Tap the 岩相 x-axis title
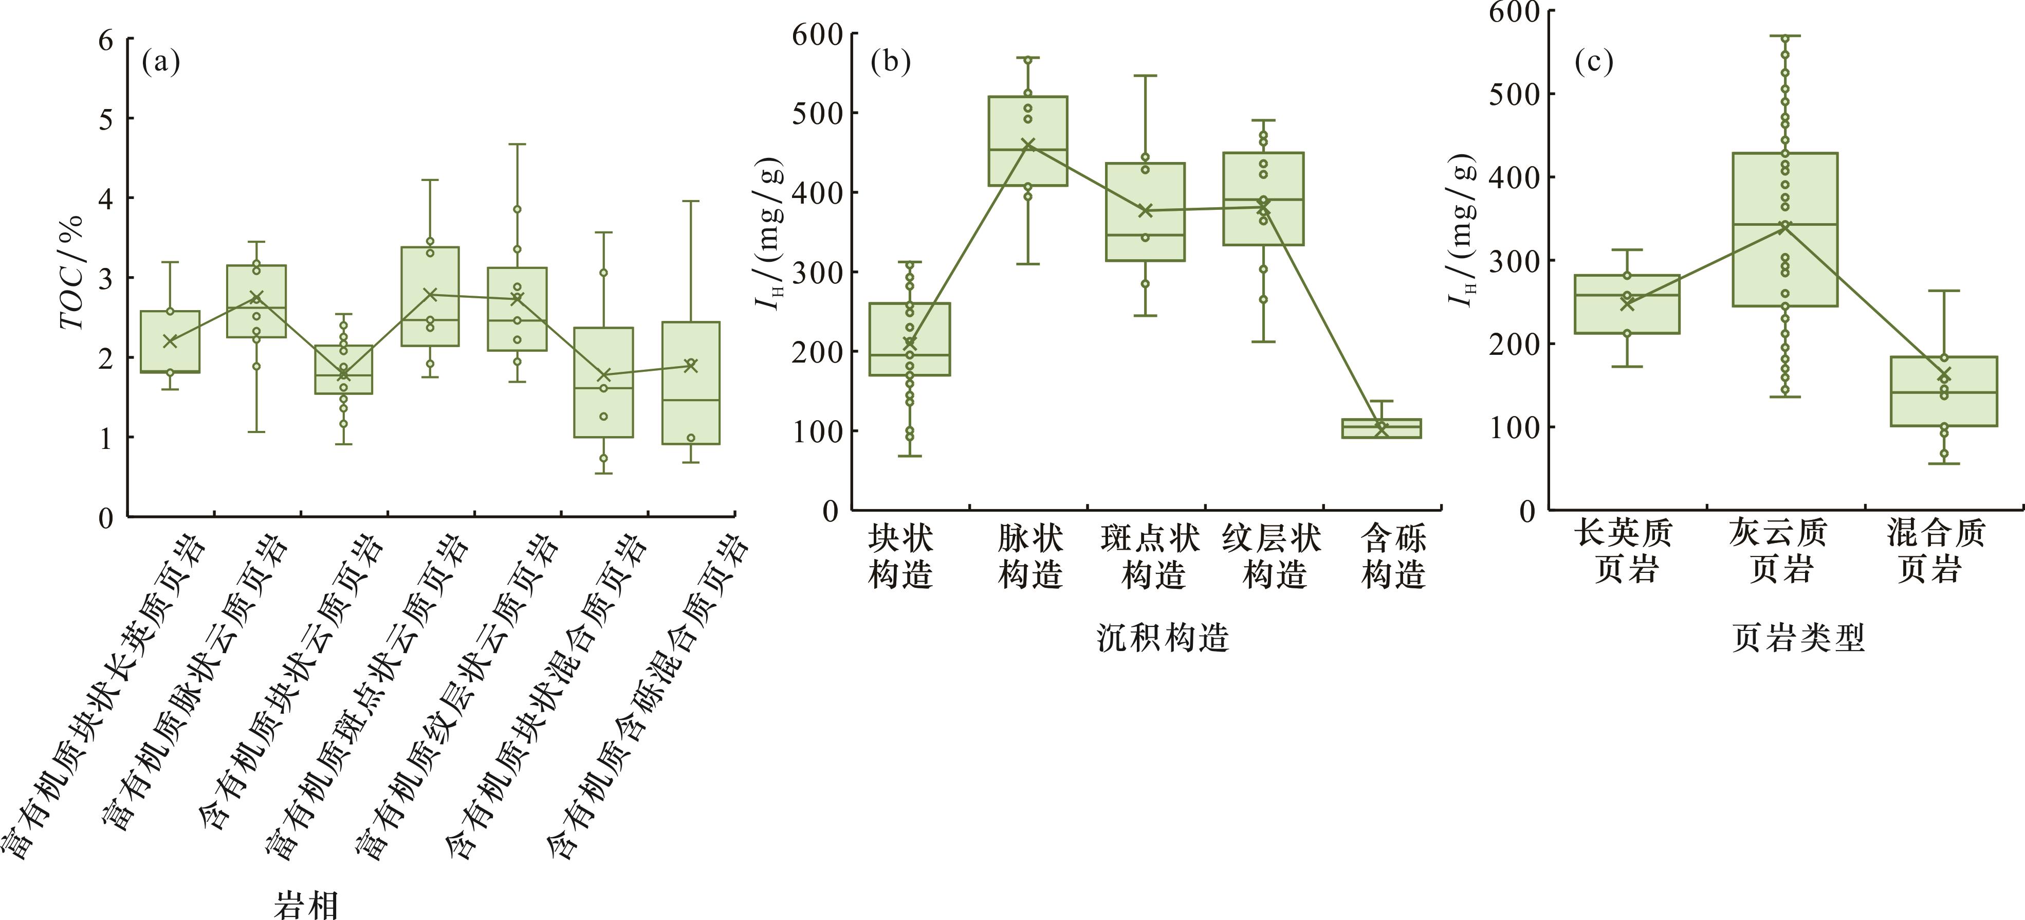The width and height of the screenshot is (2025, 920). [x=307, y=904]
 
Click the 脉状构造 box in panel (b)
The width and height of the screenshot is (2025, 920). [x=1027, y=141]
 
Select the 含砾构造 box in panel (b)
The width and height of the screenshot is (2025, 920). [x=1381, y=428]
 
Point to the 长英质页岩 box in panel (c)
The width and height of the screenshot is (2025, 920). [x=1627, y=304]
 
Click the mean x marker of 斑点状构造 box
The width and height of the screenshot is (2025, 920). [x=1145, y=211]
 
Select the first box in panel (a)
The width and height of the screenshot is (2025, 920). [x=170, y=342]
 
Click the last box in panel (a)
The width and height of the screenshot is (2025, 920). [x=690, y=383]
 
